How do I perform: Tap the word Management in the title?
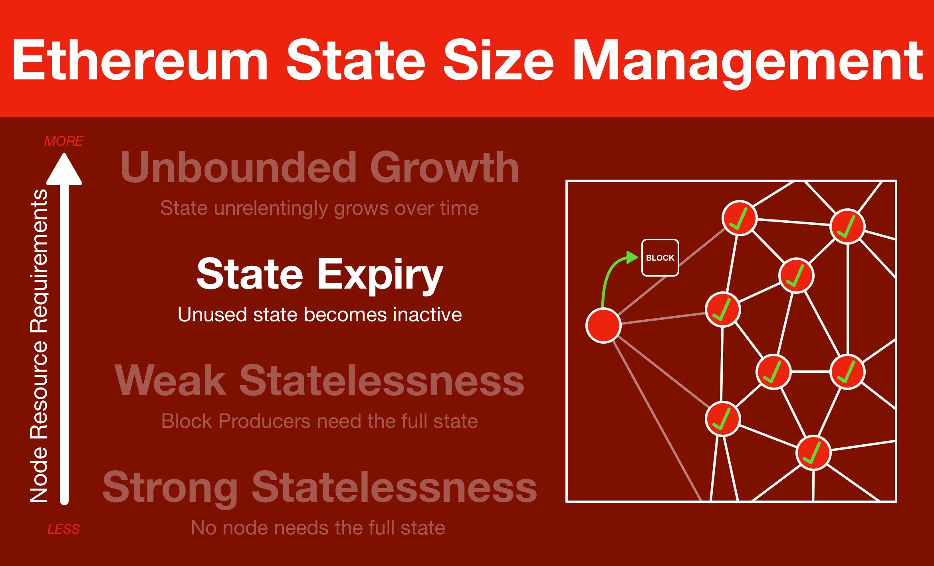pos(748,64)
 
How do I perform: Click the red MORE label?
pos(63,141)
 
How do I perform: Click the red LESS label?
pos(63,529)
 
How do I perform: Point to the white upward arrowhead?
pos(64,169)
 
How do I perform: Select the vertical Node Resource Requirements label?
pos(39,346)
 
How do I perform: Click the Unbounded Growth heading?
pos(319,168)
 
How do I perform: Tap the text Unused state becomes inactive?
pos(320,315)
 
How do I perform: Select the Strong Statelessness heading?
pos(320,488)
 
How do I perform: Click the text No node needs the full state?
pos(318,528)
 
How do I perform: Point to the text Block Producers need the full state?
pos(319,421)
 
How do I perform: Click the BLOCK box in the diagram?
pos(660,257)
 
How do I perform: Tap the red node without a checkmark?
pos(603,325)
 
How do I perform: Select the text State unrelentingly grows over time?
pos(319,208)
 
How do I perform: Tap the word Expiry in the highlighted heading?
pos(380,276)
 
